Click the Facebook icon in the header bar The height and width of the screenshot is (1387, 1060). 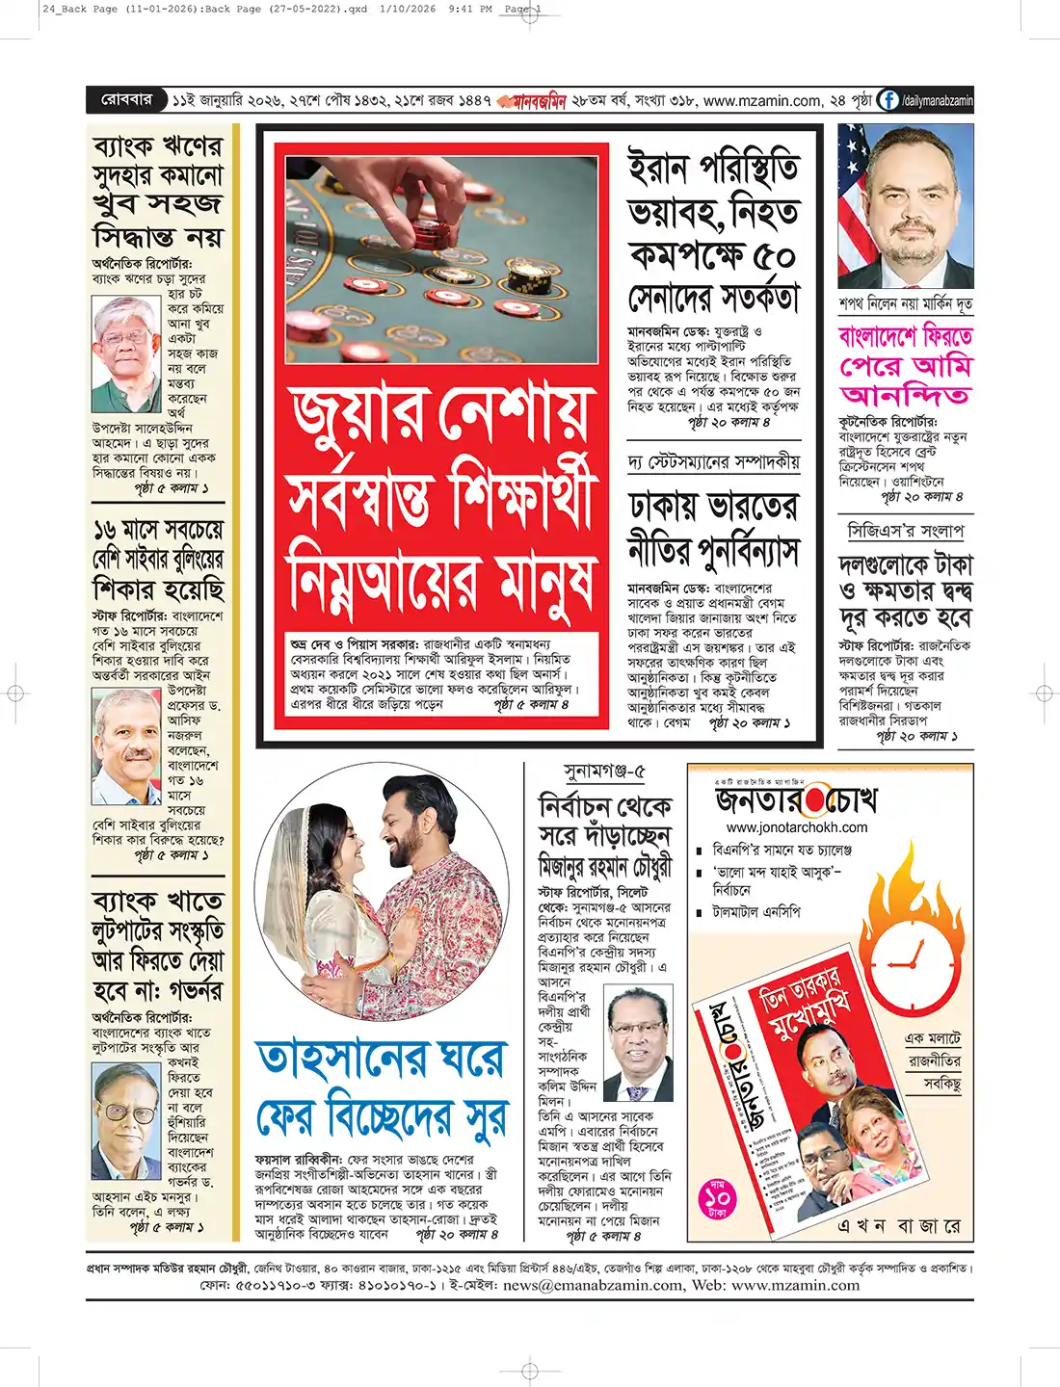click(888, 100)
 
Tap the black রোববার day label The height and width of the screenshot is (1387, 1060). click(127, 99)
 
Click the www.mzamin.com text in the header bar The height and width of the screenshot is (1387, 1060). click(762, 100)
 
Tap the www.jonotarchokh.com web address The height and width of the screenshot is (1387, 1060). click(796, 827)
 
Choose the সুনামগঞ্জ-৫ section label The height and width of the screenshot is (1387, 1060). click(603, 772)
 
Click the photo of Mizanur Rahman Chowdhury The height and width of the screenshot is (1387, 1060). click(640, 1044)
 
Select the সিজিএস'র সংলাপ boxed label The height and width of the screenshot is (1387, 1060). click(905, 531)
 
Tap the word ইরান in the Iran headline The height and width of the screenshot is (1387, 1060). click(659, 169)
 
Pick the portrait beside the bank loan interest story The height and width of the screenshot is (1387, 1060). click(126, 353)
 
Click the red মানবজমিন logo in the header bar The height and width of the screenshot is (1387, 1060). click(533, 101)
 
